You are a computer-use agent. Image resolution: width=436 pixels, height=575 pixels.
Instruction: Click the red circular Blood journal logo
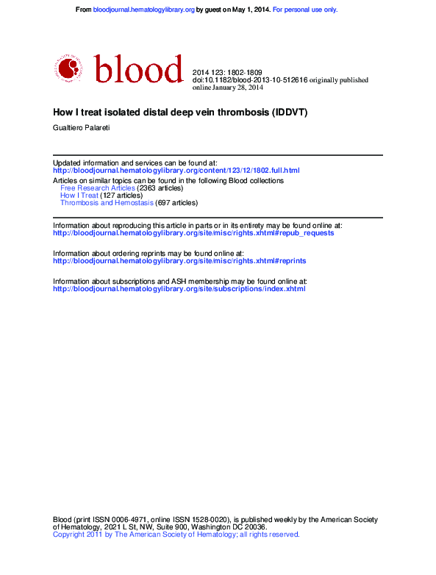pos(68,68)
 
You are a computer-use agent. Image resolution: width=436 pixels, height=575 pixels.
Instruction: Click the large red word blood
pos(138,69)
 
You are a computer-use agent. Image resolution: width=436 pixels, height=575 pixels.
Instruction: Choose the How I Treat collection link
pos(79,196)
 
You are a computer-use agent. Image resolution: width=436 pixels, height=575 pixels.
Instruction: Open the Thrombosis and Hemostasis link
pos(107,203)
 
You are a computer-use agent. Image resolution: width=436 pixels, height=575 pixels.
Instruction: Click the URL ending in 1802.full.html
pos(176,171)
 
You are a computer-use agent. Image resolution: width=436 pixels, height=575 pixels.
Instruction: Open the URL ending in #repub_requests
pos(193,233)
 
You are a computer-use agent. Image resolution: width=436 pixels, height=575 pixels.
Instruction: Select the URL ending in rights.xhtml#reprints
pos(179,261)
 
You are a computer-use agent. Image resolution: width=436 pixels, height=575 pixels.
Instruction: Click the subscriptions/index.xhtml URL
pos(179,289)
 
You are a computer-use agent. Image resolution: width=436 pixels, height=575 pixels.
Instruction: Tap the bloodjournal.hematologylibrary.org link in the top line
pos(144,10)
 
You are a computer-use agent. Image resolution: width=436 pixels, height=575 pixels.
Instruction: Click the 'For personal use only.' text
pos(305,10)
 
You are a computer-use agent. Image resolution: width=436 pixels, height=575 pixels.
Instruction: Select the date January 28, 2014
pos(237,87)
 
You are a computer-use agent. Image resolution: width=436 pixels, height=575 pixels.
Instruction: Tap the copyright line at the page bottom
pos(176,535)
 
